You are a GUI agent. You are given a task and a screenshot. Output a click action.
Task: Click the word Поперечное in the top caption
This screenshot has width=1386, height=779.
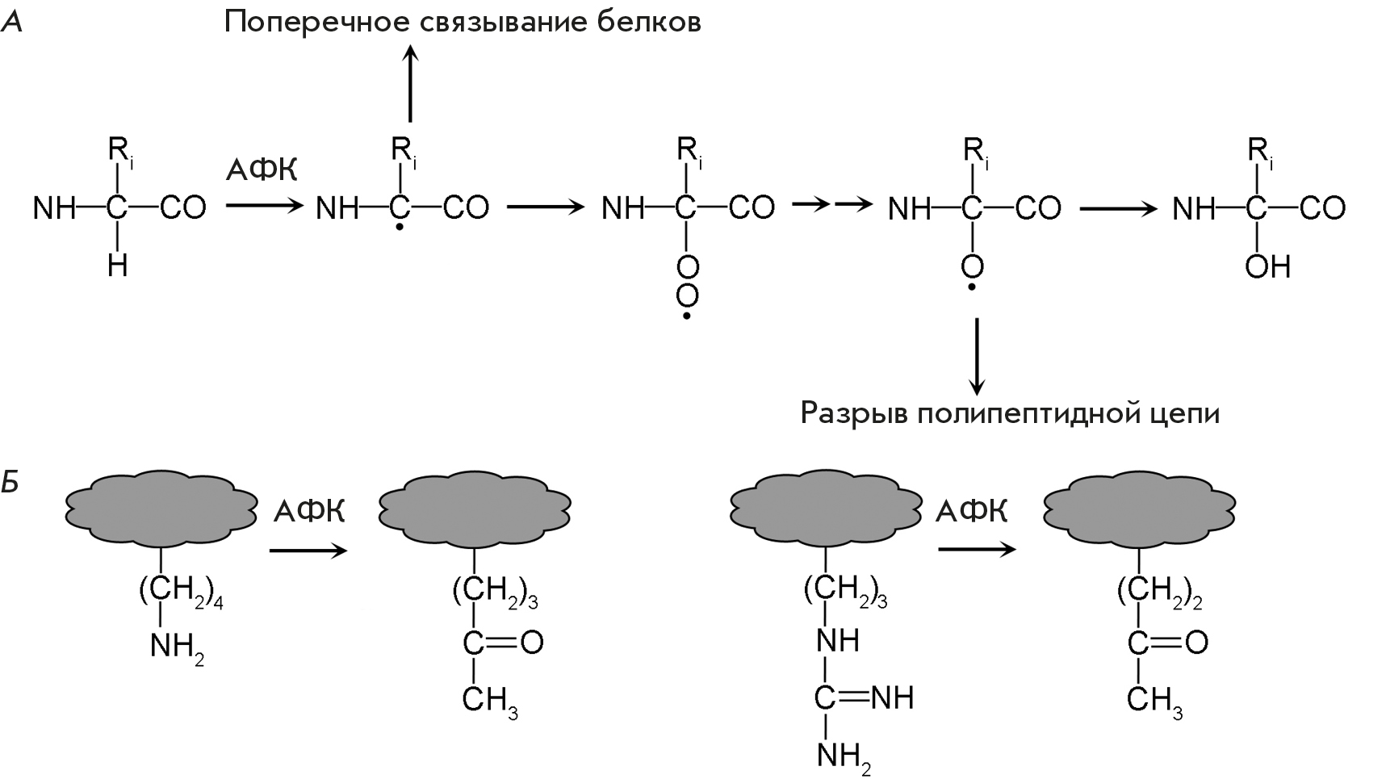pos(318,23)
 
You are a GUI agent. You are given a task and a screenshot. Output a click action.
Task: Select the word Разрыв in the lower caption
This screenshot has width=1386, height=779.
pos(854,413)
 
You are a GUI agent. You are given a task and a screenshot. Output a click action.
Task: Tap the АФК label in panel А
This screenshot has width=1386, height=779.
pos(262,170)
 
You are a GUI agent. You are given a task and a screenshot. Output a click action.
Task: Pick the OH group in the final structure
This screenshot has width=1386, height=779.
pos(1268,266)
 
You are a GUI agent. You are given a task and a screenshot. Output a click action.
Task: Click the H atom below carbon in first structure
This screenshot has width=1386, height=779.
pos(118,266)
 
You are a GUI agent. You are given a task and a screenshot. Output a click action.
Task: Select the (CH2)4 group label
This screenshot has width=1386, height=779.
pos(180,593)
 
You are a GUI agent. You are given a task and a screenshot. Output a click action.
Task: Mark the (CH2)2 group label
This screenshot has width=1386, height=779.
pos(1159,593)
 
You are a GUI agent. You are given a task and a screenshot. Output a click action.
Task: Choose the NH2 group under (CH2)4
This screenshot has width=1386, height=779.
pos(177,647)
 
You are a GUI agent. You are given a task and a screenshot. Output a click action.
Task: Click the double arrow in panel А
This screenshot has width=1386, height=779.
pos(831,206)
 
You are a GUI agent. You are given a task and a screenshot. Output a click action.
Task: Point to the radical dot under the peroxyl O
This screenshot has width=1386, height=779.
pos(687,316)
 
